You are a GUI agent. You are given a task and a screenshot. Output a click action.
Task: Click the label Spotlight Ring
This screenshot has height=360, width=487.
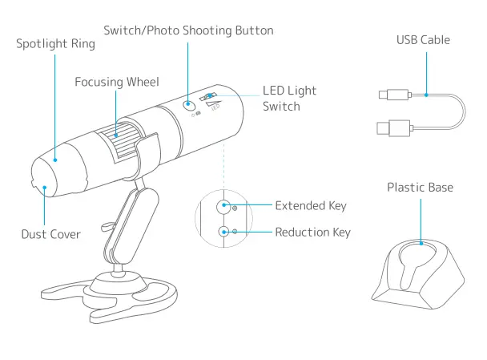coord(55,44)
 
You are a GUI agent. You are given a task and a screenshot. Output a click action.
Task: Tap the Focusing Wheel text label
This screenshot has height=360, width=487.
coord(117,82)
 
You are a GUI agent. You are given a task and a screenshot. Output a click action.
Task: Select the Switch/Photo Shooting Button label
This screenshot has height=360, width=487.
coord(188,30)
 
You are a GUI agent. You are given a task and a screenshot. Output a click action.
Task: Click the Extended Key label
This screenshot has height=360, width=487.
coord(311,206)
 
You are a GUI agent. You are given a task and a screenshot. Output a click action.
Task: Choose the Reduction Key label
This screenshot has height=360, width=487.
coord(312,233)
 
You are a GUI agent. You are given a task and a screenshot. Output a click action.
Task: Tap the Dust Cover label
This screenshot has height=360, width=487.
coord(50,235)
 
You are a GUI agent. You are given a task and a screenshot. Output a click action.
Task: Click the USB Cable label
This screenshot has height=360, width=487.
coord(423,40)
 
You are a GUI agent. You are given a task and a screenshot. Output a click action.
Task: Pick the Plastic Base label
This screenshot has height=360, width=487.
coord(420,188)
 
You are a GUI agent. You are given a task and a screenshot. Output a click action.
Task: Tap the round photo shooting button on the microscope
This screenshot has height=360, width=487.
coord(189,105)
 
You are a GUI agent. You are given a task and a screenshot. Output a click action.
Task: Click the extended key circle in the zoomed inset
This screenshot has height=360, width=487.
coord(225,206)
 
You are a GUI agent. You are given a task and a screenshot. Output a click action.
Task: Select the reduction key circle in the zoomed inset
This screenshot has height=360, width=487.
coord(225,233)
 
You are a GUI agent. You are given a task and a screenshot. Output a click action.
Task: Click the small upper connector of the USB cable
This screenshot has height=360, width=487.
coord(389,95)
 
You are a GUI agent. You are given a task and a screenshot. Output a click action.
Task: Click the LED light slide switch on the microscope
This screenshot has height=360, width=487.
coord(211,98)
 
